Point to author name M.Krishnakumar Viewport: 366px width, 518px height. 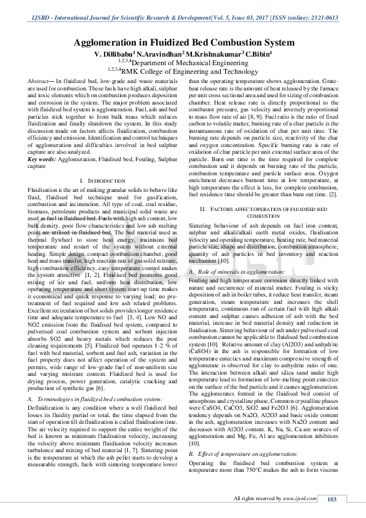pos(215,54)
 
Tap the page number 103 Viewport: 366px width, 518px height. pos(332,500)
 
